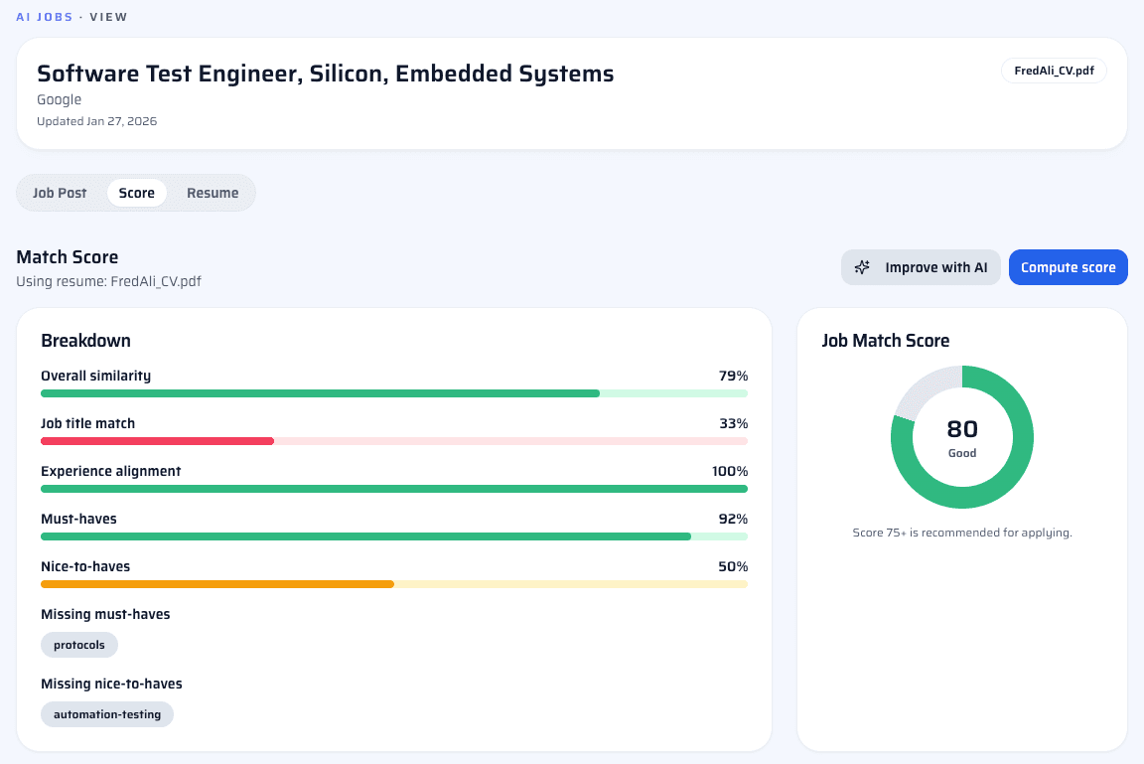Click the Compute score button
coord(1068,267)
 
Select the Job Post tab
coord(60,193)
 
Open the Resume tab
coord(213,193)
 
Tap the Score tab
coord(136,193)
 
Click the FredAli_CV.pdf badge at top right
coord(1054,71)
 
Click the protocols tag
coord(79,645)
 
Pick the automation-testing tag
coord(107,714)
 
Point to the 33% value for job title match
coord(733,423)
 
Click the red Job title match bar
coord(157,440)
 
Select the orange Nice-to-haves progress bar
coord(216,583)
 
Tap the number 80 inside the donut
coord(962,429)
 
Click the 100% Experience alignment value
coord(729,471)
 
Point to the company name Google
coord(59,99)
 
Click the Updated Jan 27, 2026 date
coord(96,121)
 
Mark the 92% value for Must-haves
coord(733,519)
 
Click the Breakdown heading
coord(85,341)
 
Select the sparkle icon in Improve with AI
coord(862,267)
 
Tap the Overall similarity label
coord(95,376)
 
